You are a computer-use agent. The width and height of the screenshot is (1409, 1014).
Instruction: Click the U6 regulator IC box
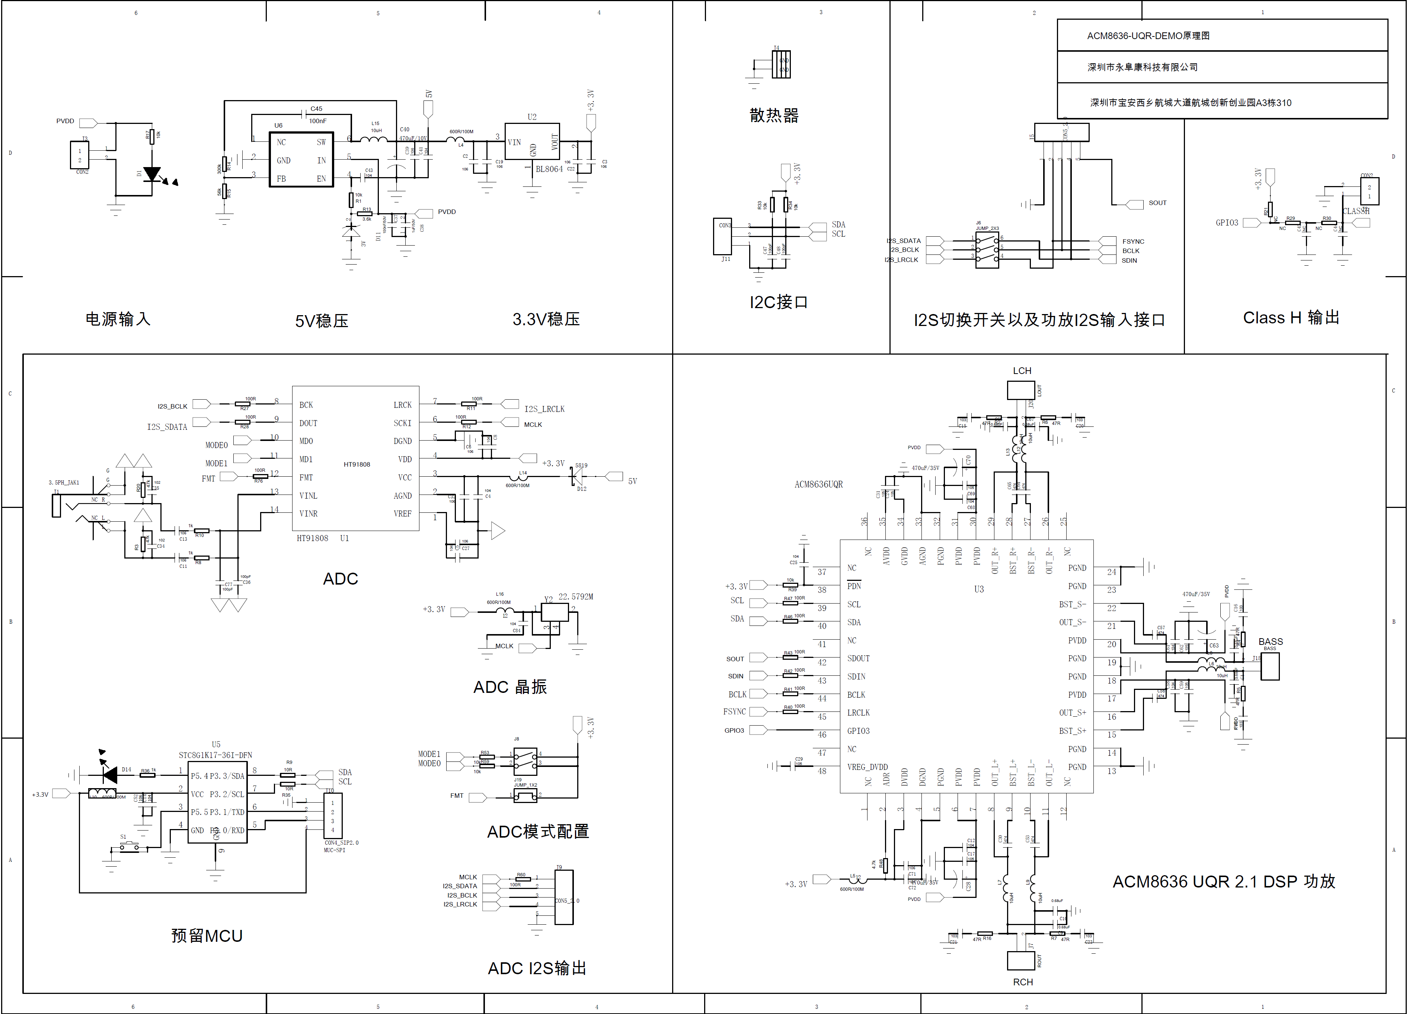301,160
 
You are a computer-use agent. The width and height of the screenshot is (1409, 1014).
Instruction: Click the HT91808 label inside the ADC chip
357,464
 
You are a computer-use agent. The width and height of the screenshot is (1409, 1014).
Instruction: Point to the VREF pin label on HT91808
403,514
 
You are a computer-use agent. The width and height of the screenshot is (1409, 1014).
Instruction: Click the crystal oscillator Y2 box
554,612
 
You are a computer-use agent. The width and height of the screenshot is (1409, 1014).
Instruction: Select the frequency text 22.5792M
575,596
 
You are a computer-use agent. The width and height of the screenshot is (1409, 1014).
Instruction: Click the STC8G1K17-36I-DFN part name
215,755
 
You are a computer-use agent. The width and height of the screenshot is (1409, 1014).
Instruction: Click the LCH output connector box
1021,390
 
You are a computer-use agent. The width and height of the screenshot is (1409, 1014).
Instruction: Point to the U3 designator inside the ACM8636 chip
978,589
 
